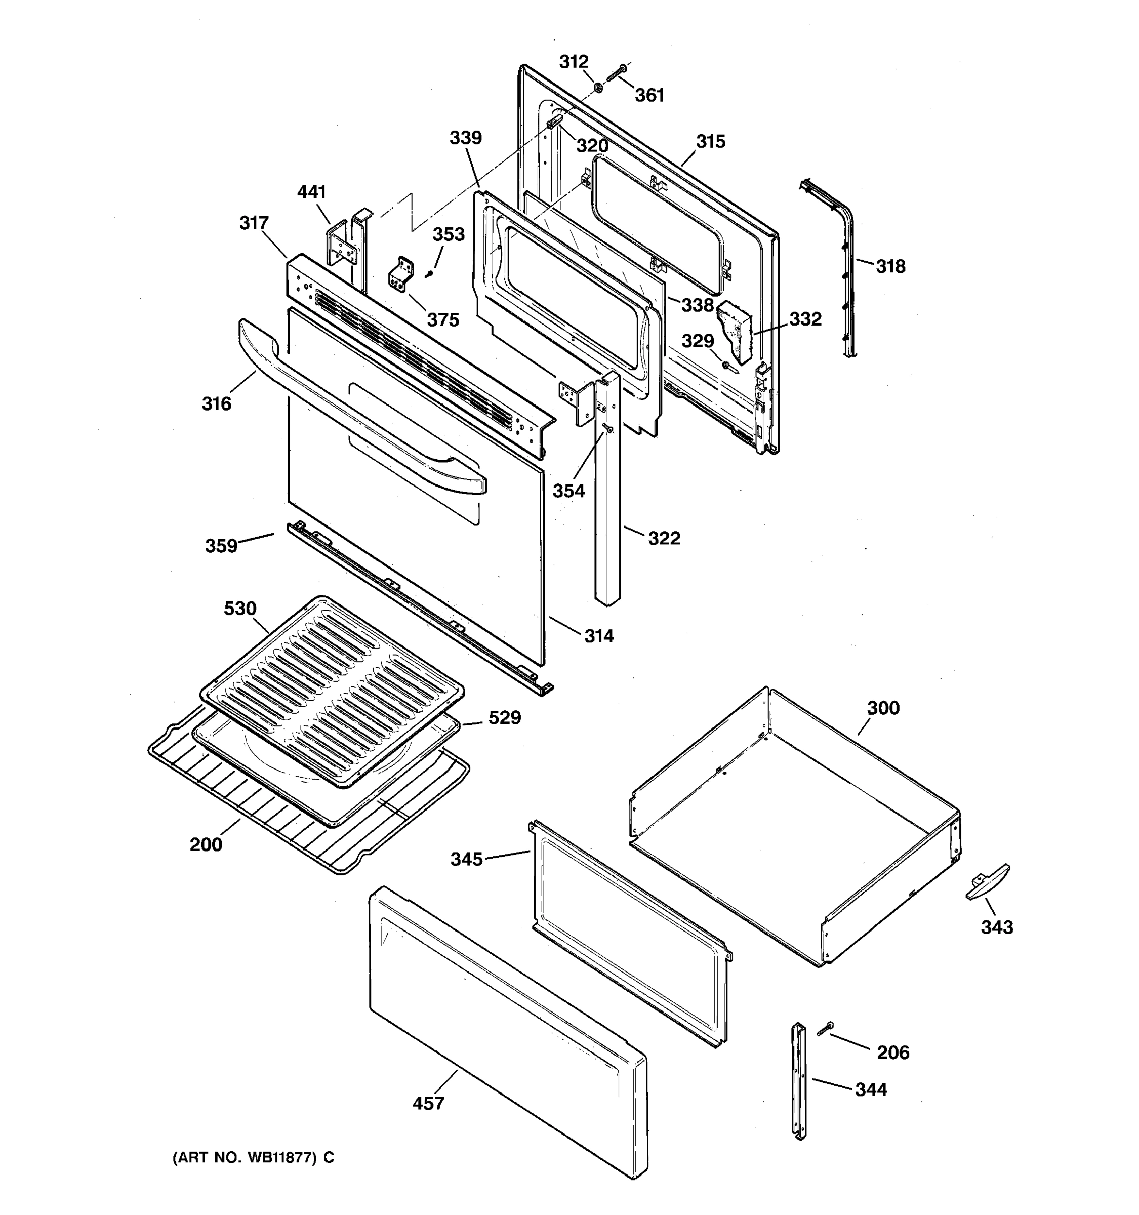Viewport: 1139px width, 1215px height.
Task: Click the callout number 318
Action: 890,266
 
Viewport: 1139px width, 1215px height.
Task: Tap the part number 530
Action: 239,608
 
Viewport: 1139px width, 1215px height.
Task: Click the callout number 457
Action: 428,1103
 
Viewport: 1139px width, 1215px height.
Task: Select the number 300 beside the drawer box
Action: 883,708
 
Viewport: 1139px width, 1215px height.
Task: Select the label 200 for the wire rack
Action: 206,844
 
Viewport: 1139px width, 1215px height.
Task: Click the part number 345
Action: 466,859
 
